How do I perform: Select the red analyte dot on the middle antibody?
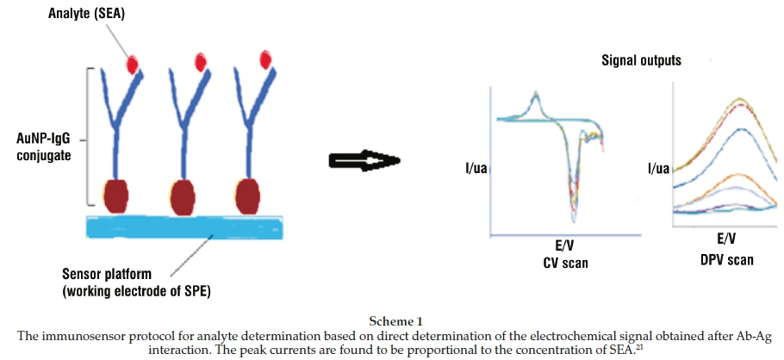[x=201, y=61]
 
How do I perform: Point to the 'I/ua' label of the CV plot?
[x=476, y=167]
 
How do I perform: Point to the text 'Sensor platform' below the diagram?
[x=109, y=274]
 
